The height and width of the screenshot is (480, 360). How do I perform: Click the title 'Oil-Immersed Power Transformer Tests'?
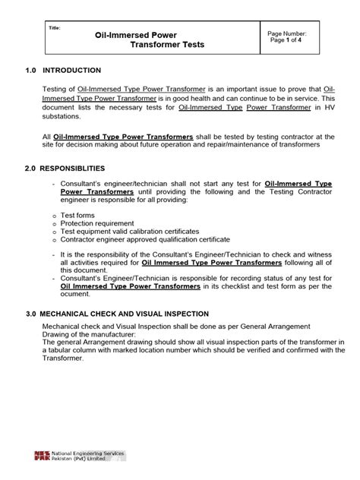click(150, 39)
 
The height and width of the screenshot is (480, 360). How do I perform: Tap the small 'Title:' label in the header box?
click(54, 28)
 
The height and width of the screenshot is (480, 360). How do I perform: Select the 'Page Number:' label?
click(287, 34)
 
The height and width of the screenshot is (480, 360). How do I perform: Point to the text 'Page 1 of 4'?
click(287, 42)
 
